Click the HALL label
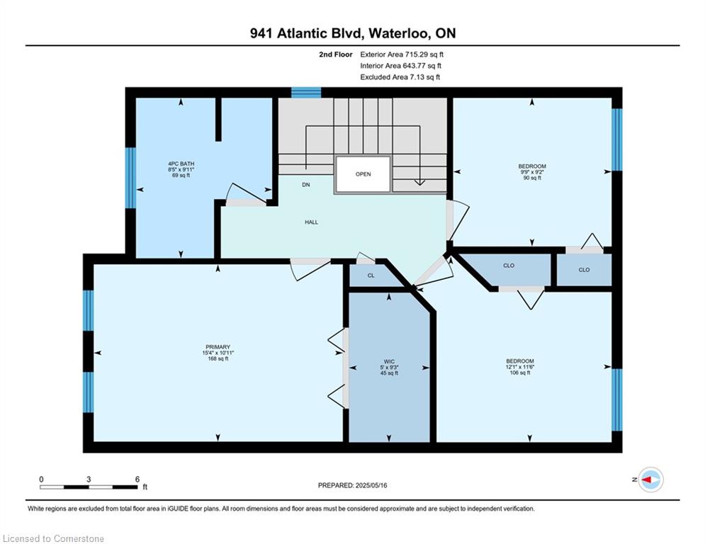pos(311,222)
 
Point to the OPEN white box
pos(363,174)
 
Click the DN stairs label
pos(306,185)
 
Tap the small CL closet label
pos(371,276)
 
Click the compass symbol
pos(651,480)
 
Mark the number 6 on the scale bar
pos(137,480)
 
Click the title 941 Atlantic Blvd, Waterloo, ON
pos(353,33)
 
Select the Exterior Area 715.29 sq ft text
pos(402,55)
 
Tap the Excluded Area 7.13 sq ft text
pos(400,77)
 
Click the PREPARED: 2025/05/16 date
pos(353,485)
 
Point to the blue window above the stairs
pos(306,93)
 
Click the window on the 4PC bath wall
pos(130,178)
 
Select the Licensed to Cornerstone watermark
pos(54,538)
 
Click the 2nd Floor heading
pos(336,55)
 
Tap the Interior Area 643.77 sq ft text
pos(400,66)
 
